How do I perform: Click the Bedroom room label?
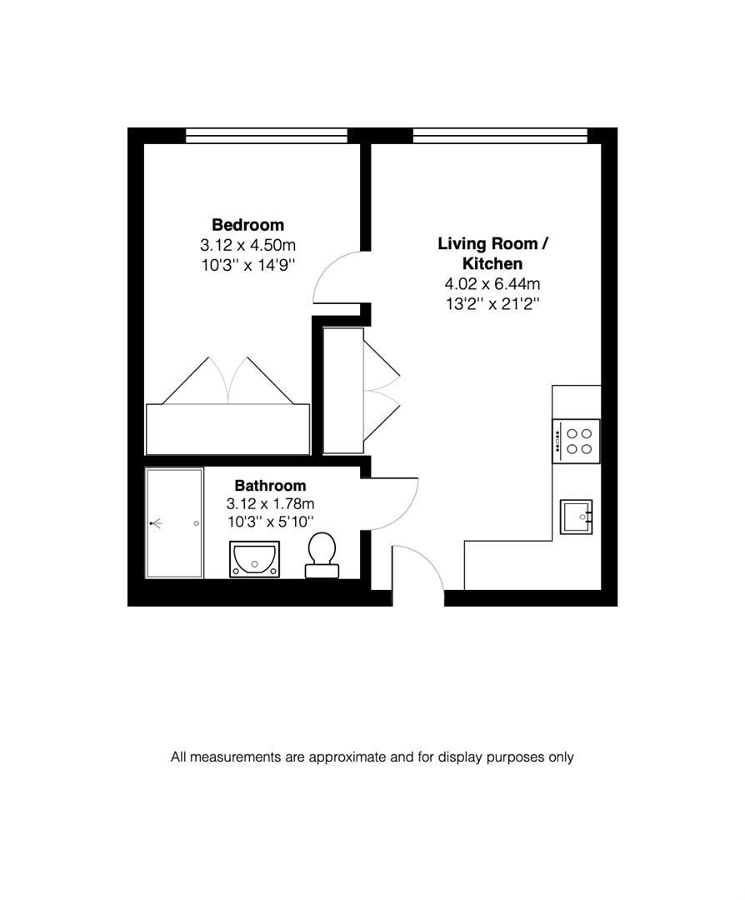[x=247, y=225]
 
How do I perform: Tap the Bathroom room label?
[x=270, y=486]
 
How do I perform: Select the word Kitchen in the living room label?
[x=492, y=263]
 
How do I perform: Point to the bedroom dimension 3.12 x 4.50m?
[x=247, y=245]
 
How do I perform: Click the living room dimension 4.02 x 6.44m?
[x=492, y=284]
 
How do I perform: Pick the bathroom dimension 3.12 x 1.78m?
[x=270, y=504]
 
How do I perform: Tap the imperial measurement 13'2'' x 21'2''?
[x=492, y=303]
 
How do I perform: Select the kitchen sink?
[x=576, y=517]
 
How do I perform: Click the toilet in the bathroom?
[x=322, y=556]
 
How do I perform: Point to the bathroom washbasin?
[x=255, y=559]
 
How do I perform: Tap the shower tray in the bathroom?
[x=174, y=523]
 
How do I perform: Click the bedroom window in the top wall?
[x=266, y=136]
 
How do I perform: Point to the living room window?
[x=500, y=136]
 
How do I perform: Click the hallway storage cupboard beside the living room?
[x=342, y=391]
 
